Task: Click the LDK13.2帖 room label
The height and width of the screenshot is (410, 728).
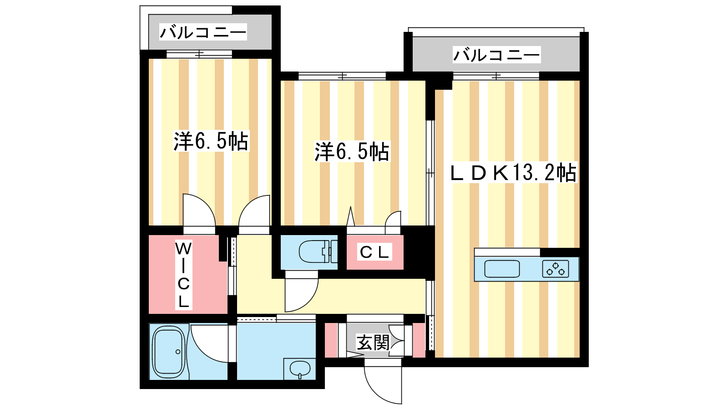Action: tap(513, 173)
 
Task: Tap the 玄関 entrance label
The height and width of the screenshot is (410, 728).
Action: tap(373, 342)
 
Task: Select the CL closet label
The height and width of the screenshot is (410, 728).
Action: tap(375, 252)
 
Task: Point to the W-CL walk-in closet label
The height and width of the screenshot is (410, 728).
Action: tap(183, 275)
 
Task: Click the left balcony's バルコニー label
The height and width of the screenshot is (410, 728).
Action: tap(203, 32)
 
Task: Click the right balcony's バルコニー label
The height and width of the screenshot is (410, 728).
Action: tap(496, 55)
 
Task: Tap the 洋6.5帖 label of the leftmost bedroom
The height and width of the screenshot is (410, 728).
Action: tap(211, 141)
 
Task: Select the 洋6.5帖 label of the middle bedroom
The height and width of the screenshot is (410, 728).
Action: tap(352, 151)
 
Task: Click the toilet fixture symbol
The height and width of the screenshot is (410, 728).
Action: tap(314, 252)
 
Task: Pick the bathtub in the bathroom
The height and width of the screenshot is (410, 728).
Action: tap(168, 351)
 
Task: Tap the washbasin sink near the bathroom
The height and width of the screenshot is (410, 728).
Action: tap(299, 368)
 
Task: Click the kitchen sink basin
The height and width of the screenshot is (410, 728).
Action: tap(502, 269)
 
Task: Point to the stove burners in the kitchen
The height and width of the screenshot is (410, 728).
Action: tap(556, 269)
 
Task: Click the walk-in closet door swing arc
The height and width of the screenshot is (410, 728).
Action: tap(199, 210)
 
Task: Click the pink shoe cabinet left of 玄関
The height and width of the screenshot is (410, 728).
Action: tap(331, 340)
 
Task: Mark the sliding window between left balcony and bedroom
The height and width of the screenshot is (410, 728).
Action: tap(199, 54)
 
